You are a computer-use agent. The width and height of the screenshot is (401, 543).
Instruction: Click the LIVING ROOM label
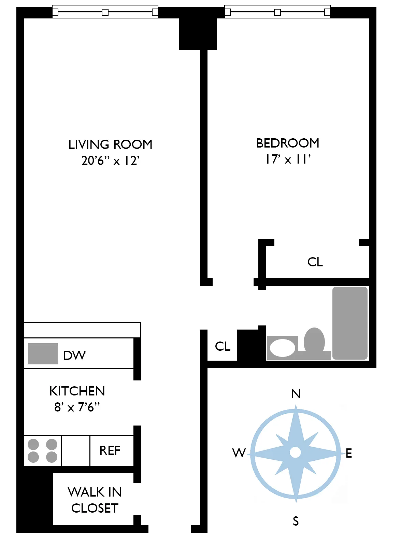[x=110, y=144]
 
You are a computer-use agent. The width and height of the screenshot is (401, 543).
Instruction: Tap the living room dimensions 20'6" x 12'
[x=110, y=161]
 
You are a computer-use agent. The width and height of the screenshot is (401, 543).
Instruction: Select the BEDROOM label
[x=288, y=143]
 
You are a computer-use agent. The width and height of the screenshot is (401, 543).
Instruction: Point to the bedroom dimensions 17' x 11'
[x=288, y=159]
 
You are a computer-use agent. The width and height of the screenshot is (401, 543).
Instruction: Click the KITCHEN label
[x=77, y=391]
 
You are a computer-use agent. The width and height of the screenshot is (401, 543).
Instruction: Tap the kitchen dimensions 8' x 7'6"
[x=77, y=407]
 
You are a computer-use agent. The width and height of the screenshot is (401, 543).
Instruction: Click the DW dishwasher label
[x=74, y=356]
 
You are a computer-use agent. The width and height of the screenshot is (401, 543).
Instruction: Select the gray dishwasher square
[x=43, y=354]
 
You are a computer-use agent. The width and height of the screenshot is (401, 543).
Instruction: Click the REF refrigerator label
[x=110, y=450]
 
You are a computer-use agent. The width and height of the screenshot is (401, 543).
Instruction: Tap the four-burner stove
[x=42, y=450]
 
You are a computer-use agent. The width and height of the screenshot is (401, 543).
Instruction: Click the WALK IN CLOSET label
[x=95, y=500]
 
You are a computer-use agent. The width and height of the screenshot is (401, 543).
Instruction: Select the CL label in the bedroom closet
[x=315, y=262]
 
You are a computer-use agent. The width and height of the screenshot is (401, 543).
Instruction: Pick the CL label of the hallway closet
[x=223, y=346]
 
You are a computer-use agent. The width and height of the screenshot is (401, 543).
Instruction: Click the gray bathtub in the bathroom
[x=350, y=323]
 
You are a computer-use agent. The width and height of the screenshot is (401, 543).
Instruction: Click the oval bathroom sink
[x=283, y=348]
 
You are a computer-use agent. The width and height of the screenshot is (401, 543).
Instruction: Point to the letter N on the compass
[x=296, y=394]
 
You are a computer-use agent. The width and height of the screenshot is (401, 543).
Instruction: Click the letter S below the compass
[x=296, y=521]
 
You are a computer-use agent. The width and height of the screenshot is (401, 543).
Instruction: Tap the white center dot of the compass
[x=295, y=452]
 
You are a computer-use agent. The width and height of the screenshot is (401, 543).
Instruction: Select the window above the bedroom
[x=277, y=12]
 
